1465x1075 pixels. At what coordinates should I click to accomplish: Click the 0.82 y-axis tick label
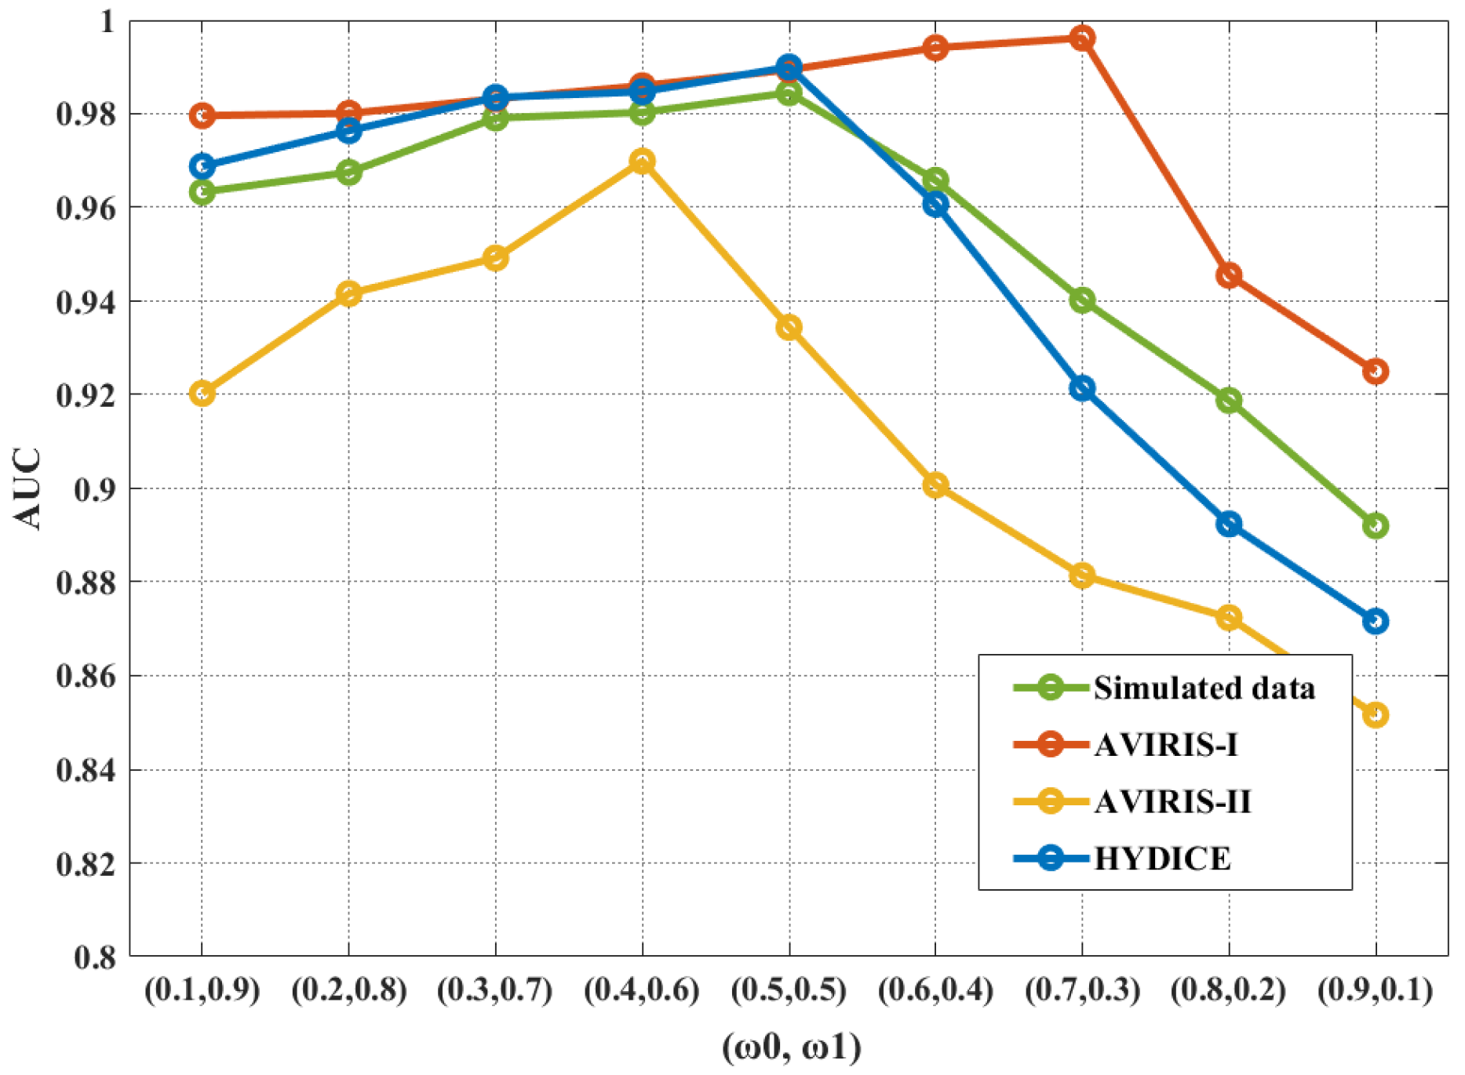(86, 864)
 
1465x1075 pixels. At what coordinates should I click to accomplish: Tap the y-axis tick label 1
(108, 21)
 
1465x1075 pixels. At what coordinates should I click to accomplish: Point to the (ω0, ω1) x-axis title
(791, 1048)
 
